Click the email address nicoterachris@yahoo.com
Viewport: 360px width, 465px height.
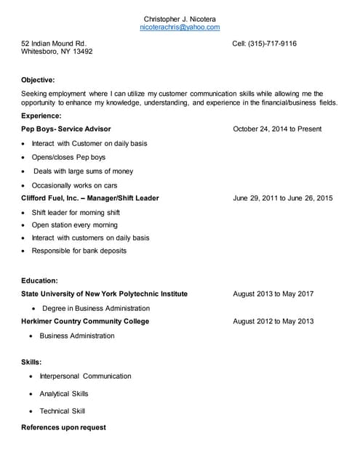pos(180,27)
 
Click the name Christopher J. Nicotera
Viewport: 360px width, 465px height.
pos(180,18)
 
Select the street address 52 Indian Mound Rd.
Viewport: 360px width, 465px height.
pos(54,44)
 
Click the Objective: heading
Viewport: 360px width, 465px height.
pos(38,80)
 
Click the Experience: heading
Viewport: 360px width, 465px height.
pos(41,116)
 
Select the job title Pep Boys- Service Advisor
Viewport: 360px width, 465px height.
pos(66,129)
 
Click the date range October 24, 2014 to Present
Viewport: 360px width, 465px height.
pos(277,129)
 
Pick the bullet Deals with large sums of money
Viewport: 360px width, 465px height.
pos(84,171)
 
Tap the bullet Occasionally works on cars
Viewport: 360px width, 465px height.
pos(74,185)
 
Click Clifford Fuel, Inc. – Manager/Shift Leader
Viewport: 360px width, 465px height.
pos(90,198)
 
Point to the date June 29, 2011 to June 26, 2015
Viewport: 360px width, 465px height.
pos(283,198)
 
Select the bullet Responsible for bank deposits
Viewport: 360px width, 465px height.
pos(79,251)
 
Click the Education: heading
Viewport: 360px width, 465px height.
pos(39,280)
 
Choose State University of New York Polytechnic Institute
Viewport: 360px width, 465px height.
pos(104,294)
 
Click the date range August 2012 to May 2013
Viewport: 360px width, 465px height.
pos(273,321)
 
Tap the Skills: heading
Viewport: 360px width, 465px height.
pos(31,361)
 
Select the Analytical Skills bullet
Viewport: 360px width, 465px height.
pos(64,394)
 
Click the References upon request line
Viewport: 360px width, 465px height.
pos(63,427)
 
